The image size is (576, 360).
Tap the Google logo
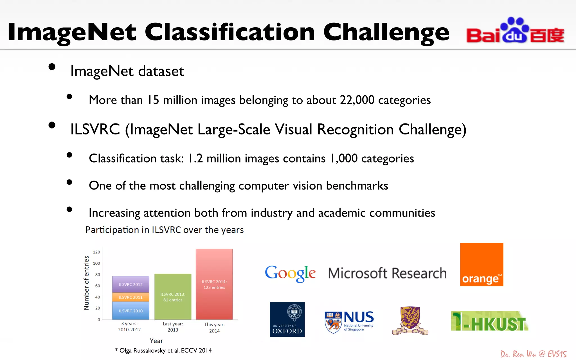[x=290, y=273]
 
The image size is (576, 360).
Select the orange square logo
[x=481, y=264]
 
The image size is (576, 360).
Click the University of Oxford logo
[x=287, y=319]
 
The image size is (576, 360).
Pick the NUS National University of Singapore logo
[x=349, y=321]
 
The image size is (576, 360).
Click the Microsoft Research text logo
[x=387, y=273]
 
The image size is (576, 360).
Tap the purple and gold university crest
[x=410, y=321]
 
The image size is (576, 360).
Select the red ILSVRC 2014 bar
[x=214, y=284]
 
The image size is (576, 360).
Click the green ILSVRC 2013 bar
[x=173, y=297]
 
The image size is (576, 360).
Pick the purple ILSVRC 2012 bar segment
[x=131, y=284]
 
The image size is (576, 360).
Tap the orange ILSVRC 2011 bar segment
[x=131, y=297]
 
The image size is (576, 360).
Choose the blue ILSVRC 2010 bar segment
[x=131, y=311]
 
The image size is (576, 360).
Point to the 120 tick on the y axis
[x=96, y=252]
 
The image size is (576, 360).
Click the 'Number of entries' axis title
[x=86, y=283]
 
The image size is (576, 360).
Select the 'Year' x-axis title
[x=156, y=341]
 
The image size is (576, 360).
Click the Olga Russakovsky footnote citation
[x=163, y=350]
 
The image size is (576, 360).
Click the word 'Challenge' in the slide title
[x=386, y=33]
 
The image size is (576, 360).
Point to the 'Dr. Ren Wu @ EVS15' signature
[x=533, y=354]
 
